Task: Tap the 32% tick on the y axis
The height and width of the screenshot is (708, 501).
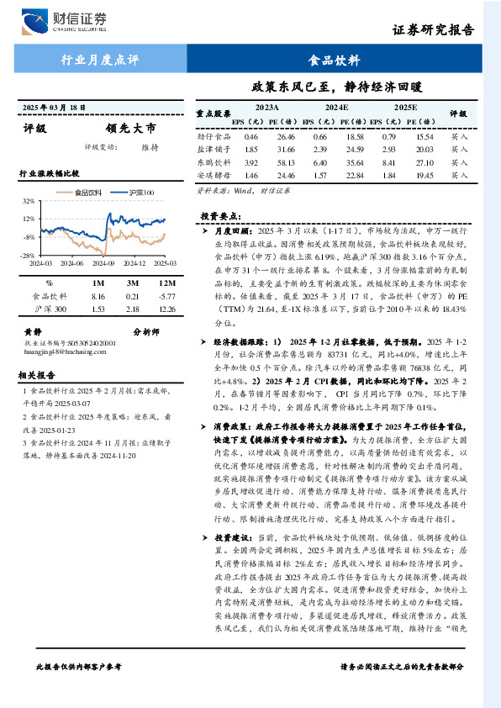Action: click(x=28, y=202)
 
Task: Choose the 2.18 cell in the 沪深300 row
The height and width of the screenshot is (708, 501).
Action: click(x=132, y=310)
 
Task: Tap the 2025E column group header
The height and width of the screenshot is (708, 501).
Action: click(x=405, y=108)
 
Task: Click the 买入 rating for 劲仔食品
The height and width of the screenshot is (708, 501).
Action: click(x=459, y=135)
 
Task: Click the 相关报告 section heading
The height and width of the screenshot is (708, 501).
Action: click(x=37, y=375)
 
